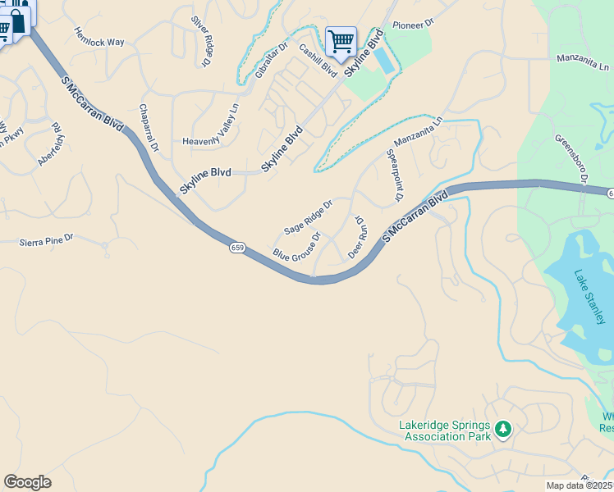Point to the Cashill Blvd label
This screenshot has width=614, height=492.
318,60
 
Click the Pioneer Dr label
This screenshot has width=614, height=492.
412,25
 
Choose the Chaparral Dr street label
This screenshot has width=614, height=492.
149,127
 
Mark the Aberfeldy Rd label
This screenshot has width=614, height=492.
52,144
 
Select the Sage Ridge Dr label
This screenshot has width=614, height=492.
308,216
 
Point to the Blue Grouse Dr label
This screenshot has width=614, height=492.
296,245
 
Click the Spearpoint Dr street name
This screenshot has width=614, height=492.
394,175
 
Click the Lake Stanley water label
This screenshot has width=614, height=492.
589,296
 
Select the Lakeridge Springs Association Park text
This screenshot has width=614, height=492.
444,430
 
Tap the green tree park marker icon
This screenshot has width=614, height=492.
504,428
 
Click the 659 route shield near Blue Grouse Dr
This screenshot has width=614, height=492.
236,248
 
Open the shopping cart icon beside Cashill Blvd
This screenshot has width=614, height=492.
340,39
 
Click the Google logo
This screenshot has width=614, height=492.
27,482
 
